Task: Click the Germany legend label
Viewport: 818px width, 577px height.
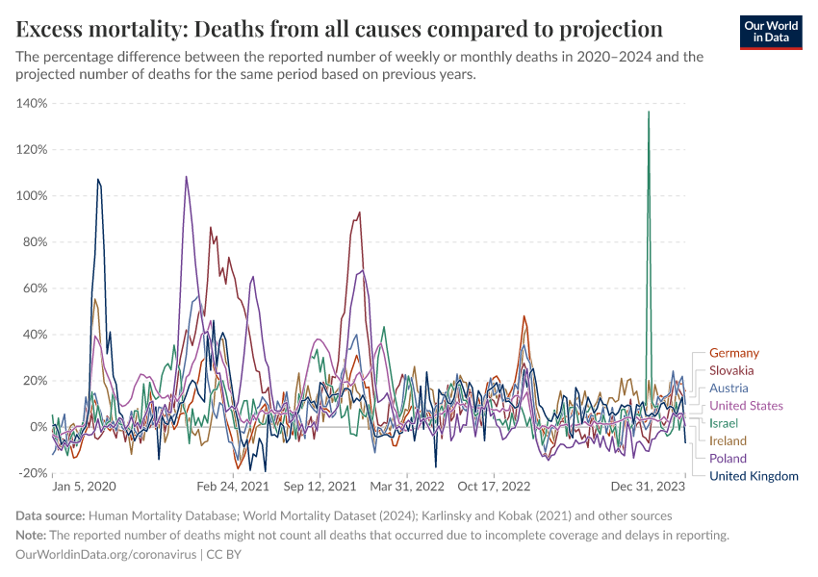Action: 733,353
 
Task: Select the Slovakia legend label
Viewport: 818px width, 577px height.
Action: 730,370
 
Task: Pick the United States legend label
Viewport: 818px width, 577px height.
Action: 746,406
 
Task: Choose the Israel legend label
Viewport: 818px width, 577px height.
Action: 724,423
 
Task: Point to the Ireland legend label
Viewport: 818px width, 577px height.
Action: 728,440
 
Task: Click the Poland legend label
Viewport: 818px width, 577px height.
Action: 727,458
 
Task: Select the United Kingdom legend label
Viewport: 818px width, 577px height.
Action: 754,476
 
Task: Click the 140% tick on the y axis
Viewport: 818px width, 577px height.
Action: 32,103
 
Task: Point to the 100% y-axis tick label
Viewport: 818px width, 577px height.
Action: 32,195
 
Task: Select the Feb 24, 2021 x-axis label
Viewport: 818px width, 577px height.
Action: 235,488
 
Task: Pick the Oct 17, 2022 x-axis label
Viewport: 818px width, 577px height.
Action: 496,488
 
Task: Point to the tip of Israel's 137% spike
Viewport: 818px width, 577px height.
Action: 649,112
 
